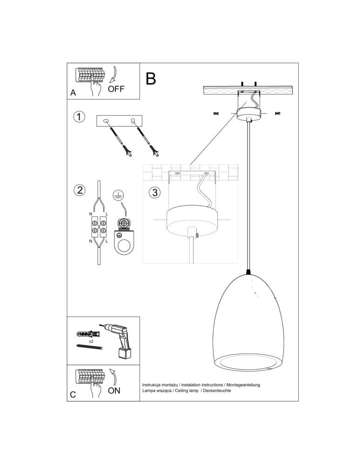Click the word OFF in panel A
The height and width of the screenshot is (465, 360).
pos(116,89)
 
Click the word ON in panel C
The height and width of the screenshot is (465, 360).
pos(114,391)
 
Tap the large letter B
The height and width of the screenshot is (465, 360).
pos(150,79)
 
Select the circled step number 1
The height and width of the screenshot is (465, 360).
pos(80,116)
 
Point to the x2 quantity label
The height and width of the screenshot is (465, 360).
pos(92,341)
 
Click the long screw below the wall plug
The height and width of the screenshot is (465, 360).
pos(87,347)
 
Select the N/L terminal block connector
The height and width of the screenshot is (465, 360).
pos(99,226)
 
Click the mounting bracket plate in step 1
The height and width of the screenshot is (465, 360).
pos(120,121)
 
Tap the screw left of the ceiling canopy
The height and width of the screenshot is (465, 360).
pos(216,113)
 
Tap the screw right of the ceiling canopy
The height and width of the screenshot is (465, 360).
pos(278,113)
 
